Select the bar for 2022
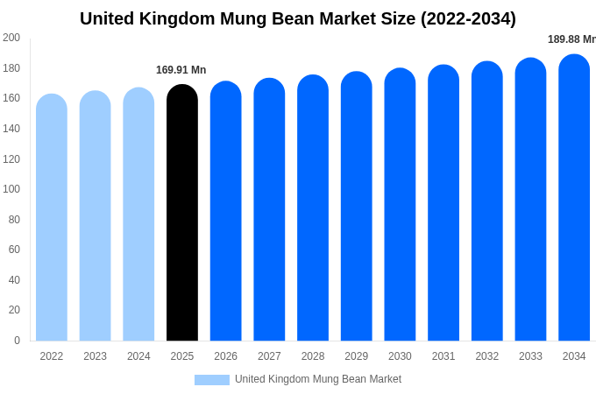(52, 219)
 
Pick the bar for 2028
(313, 210)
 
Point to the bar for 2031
(443, 205)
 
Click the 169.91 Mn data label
(181, 70)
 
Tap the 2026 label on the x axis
(225, 356)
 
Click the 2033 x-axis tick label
(530, 356)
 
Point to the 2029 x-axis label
(356, 356)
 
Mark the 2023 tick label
(95, 356)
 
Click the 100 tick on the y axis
(11, 189)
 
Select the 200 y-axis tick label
(11, 38)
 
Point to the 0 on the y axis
(17, 341)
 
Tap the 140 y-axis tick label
(11, 129)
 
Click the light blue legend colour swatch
(211, 380)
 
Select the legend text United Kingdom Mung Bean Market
(318, 379)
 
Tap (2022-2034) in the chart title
(468, 18)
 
